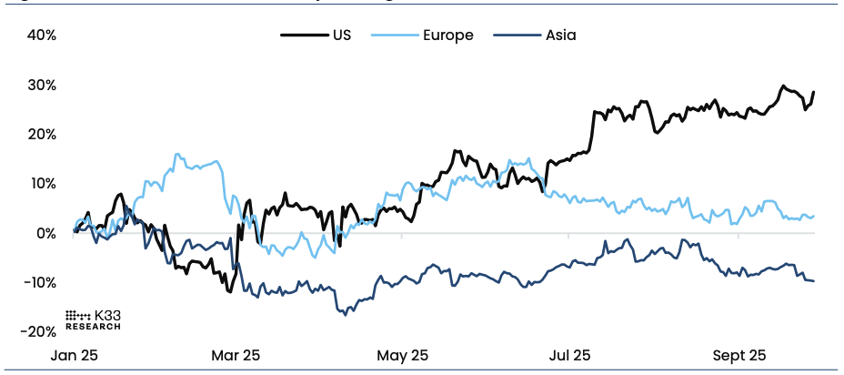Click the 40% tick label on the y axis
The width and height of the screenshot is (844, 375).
(x=42, y=35)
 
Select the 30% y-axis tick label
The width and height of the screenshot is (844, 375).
(x=42, y=85)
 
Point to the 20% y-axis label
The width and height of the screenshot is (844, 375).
(x=42, y=134)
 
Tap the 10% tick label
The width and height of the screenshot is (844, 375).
(x=42, y=183)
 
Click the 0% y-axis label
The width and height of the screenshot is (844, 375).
(x=45, y=233)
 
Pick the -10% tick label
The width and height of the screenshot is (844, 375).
(x=39, y=282)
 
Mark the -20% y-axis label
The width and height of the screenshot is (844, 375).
(x=39, y=331)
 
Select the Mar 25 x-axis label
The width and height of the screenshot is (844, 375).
(x=236, y=355)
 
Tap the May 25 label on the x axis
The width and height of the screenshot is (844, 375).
(x=402, y=355)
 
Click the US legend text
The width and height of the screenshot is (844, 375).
(x=342, y=35)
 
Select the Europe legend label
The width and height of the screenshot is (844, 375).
(x=447, y=35)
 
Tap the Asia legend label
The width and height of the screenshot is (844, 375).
(x=560, y=35)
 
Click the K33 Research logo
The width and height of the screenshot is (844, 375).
(x=93, y=319)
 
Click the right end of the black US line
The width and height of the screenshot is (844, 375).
(x=813, y=92)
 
